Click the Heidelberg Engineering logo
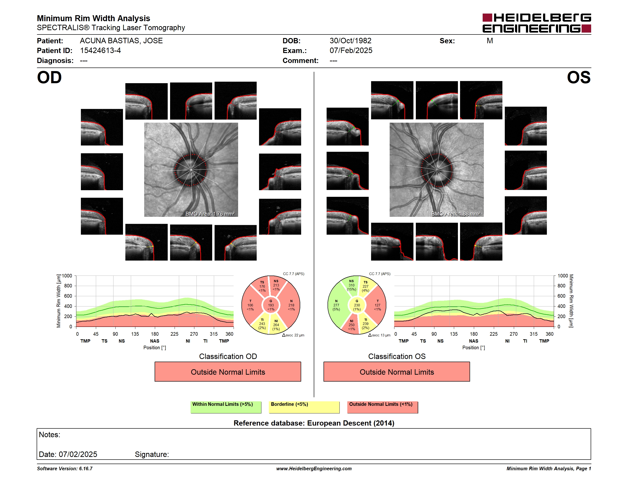[537, 23]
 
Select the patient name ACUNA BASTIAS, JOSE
[121, 41]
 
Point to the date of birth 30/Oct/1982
[350, 41]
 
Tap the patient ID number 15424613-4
[100, 51]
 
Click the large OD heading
[49, 78]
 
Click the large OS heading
[579, 78]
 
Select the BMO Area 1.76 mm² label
[210, 214]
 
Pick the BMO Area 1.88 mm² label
[456, 214]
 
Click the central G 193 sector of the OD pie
[271, 305]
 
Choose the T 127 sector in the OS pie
[377, 305]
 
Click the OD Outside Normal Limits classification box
[228, 372]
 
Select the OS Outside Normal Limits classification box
[397, 372]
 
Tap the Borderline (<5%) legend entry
[304, 407]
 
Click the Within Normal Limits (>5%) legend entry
[226, 407]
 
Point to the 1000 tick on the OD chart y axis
[67, 276]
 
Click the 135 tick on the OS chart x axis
[454, 334]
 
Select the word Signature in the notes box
[152, 454]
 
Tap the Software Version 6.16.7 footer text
[65, 469]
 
